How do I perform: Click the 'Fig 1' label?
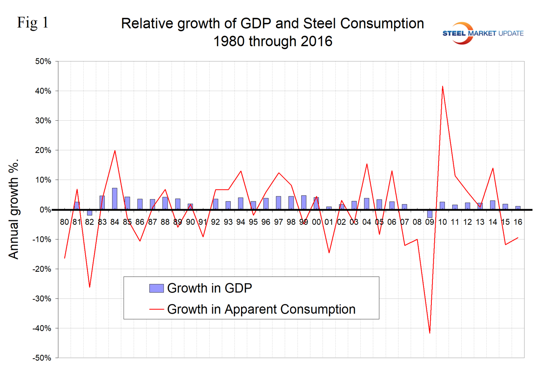pos(33,23)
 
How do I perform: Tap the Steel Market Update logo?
pos(482,33)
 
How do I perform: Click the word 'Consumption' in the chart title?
pos(382,24)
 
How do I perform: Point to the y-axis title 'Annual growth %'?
pos(14,209)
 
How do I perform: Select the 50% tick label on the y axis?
pos(43,62)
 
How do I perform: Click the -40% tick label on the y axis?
pos(42,328)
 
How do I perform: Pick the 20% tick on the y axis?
pos(43,150)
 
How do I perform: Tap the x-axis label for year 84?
pos(114,222)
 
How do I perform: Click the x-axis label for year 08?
pos(417,222)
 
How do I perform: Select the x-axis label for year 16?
pos(517,222)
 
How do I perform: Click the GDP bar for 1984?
pos(115,199)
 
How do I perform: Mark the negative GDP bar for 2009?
pos(430,214)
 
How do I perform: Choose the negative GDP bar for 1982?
pos(89,213)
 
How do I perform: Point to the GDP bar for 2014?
pos(492,205)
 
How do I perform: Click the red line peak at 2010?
pos(443,86)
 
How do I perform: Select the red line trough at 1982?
pos(89,287)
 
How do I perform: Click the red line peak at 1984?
pos(115,151)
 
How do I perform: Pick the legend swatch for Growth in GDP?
pos(156,288)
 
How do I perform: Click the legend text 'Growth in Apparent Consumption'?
pos(261,309)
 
